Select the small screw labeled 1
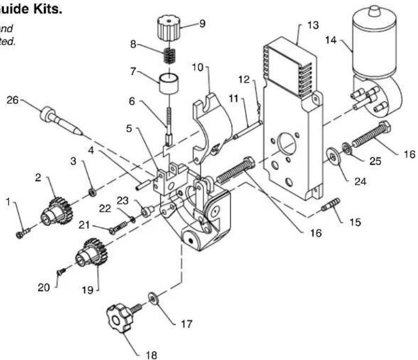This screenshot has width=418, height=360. point(22,233)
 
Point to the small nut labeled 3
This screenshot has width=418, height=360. point(93,190)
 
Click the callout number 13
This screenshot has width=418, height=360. point(313,26)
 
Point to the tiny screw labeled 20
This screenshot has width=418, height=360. point(62,272)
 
